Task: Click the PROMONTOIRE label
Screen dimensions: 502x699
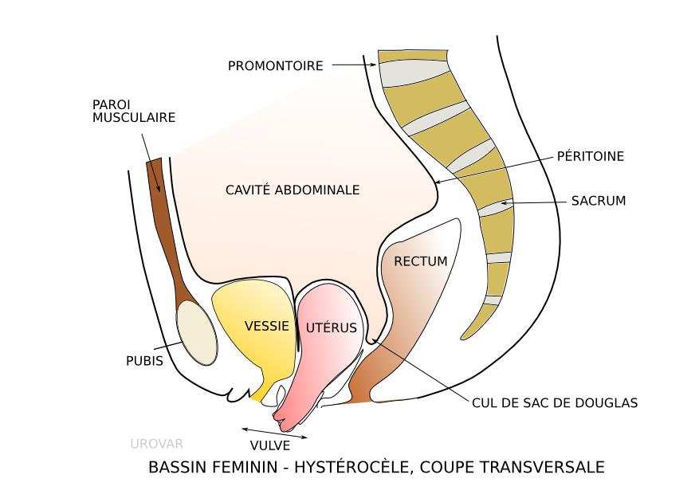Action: click(276, 66)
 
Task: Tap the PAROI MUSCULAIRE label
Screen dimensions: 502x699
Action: click(134, 111)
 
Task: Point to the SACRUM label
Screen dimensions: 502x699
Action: click(598, 201)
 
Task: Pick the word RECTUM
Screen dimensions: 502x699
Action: click(421, 261)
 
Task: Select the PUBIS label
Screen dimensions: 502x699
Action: click(144, 360)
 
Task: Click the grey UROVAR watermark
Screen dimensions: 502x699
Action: click(156, 443)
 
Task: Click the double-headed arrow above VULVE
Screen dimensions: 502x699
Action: click(274, 433)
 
